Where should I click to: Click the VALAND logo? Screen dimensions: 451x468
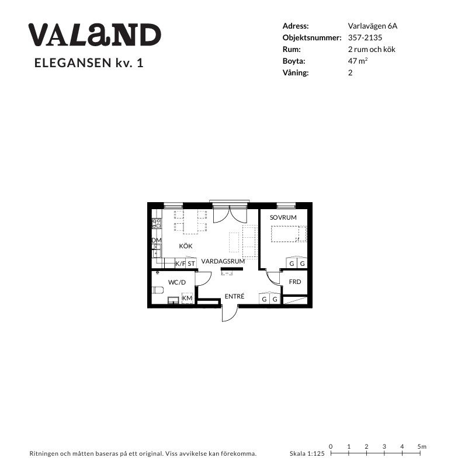pos(95,34)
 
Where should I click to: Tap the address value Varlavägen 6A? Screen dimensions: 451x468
pos(373,26)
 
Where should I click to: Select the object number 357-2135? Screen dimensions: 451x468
pos(365,37)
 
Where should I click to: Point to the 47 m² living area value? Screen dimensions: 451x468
pos(358,61)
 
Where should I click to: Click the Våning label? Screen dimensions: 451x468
pos(296,72)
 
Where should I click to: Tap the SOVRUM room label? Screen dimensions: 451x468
pos(283,217)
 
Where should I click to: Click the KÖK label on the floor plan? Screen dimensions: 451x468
pos(186,246)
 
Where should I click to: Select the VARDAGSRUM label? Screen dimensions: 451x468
pos(223,261)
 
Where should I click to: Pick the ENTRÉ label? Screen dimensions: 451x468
pos(234,296)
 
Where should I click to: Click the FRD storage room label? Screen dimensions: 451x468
pos(295,282)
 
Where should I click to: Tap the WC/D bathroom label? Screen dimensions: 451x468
pos(177,282)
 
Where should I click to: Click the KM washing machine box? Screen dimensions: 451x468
pos(188,298)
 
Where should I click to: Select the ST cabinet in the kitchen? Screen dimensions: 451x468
pos(191,264)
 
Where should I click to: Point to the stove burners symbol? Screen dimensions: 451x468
pos(157,223)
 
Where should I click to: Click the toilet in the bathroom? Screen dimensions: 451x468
pos(158,290)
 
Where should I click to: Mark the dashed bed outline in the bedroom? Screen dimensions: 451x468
pos(289,234)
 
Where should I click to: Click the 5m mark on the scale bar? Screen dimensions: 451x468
pos(420,453)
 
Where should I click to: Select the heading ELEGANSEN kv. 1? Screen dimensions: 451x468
pos(89,63)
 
